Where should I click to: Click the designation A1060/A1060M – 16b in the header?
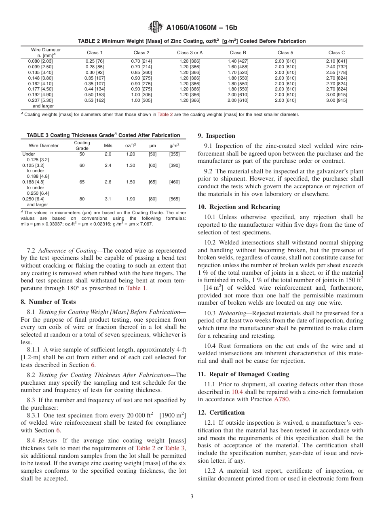point(202,27)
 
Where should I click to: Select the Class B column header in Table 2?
point(238,53)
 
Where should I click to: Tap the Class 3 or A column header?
point(190,53)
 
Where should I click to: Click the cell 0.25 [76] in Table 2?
point(95,61)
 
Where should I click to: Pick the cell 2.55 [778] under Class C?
point(336,72)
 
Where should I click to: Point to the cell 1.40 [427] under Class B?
point(238,61)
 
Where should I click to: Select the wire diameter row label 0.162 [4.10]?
point(40,84)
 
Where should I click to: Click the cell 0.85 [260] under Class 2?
point(141,72)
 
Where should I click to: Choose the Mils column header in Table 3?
point(108,145)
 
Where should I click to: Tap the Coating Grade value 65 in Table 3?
point(82,182)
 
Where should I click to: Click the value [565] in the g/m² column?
point(174,199)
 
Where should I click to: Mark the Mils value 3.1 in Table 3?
point(108,199)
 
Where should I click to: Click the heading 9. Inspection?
point(216,136)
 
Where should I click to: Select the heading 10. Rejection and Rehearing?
point(238,207)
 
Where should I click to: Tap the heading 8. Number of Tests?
point(48,302)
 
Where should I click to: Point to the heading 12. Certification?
point(221,413)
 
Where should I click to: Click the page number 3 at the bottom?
point(192,497)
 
